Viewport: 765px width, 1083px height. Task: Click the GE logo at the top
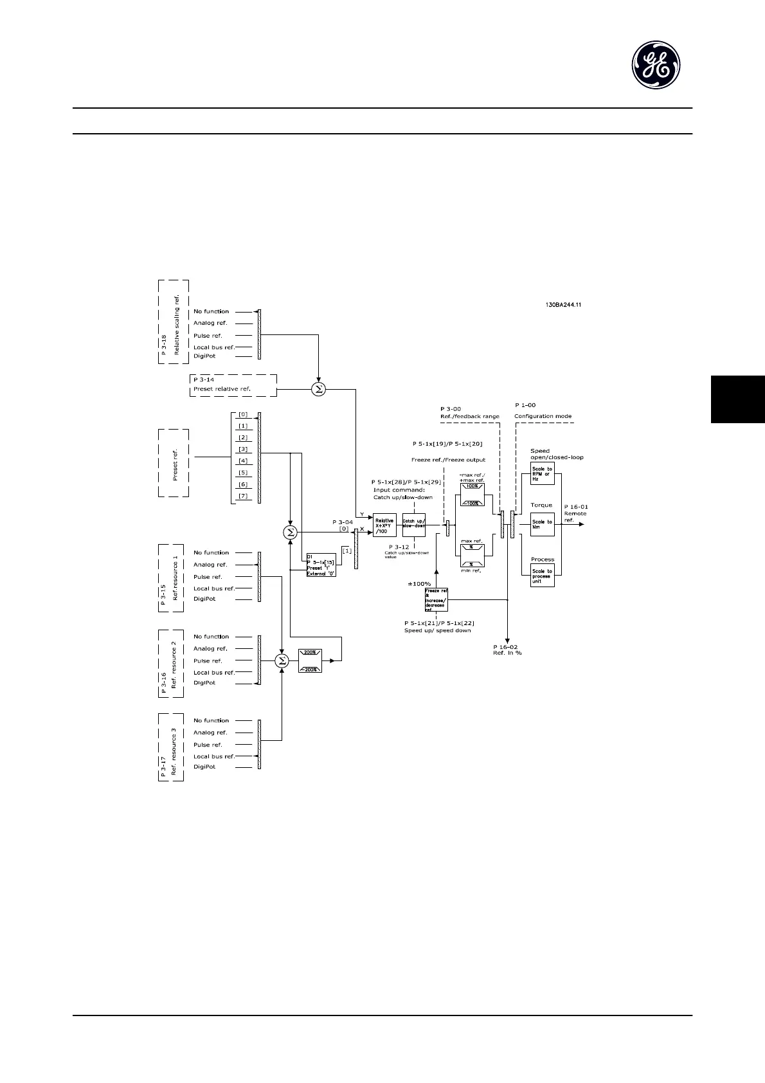[x=655, y=66]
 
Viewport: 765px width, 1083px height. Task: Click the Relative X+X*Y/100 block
[x=384, y=525]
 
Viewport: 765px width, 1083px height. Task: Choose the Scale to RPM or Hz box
[x=542, y=473]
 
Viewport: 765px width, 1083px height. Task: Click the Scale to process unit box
[x=542, y=576]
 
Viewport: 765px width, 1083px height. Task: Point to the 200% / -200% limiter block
[x=310, y=660]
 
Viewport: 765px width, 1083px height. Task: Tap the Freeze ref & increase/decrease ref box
[x=437, y=599]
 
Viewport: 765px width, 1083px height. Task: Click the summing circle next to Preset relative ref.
[x=318, y=389]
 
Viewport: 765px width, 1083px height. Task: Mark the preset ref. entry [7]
[x=243, y=496]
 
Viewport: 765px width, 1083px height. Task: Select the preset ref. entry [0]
[x=243, y=415]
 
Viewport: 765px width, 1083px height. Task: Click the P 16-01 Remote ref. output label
[x=576, y=513]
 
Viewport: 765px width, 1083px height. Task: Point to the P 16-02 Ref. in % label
[x=507, y=650]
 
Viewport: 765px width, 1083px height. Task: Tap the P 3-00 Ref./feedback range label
[x=470, y=412]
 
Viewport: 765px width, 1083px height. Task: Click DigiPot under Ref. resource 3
[x=204, y=767]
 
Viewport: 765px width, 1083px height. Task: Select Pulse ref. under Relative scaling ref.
[x=208, y=336]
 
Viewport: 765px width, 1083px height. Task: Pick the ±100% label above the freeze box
[x=419, y=583]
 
